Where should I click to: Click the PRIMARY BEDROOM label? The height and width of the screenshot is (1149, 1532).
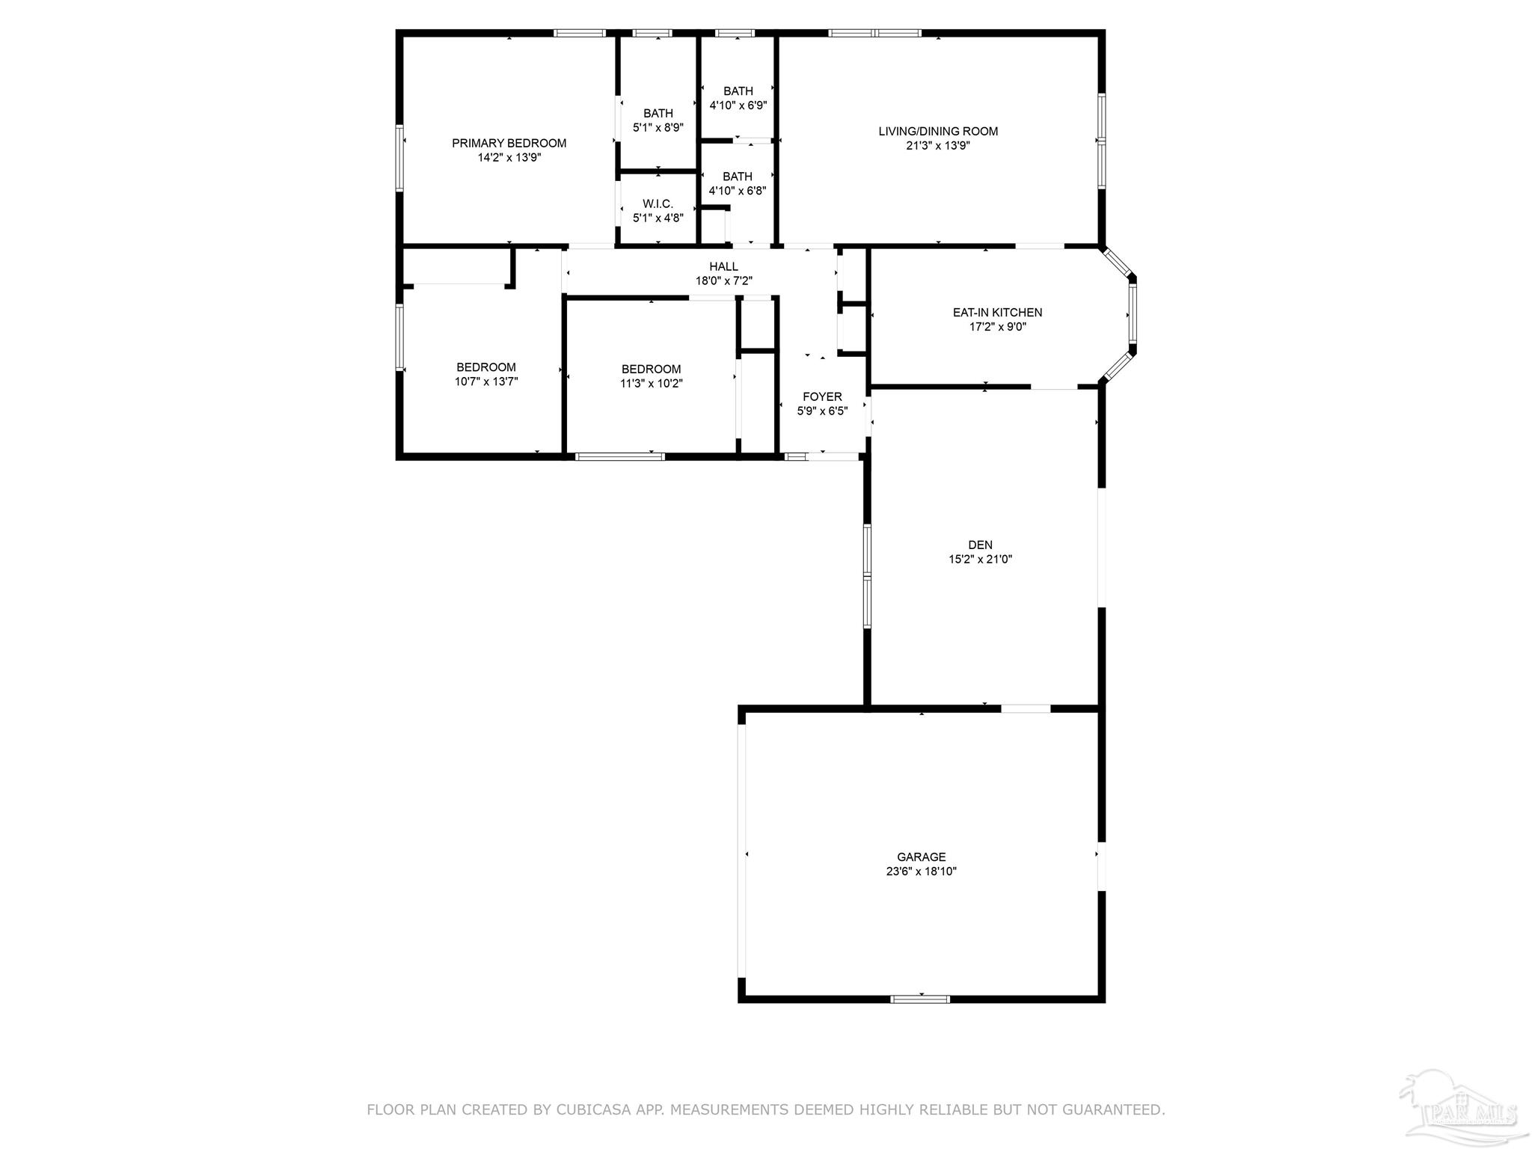(509, 143)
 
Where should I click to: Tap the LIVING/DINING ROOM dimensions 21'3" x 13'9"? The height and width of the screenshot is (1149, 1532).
(938, 146)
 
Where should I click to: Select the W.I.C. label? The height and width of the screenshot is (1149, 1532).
(658, 203)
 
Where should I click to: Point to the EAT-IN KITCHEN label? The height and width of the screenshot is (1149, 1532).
(997, 312)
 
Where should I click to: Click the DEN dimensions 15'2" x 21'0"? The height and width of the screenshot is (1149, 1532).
(980, 559)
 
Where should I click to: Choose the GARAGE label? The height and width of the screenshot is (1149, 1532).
(922, 857)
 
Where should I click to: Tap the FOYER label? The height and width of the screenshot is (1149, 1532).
(822, 396)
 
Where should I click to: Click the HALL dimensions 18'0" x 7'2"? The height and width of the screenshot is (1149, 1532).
(723, 281)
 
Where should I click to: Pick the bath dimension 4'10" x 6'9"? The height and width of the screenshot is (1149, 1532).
(738, 105)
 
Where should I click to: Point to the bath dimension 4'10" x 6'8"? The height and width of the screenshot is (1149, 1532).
(738, 191)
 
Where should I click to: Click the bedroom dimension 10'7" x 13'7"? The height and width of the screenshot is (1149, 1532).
(486, 382)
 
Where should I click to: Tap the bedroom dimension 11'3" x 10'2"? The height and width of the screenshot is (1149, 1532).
(651, 384)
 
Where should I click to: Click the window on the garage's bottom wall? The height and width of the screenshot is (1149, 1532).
(920, 999)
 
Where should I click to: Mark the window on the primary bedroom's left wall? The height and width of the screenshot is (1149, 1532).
(400, 159)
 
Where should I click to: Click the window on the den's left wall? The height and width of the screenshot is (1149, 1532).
(867, 575)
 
